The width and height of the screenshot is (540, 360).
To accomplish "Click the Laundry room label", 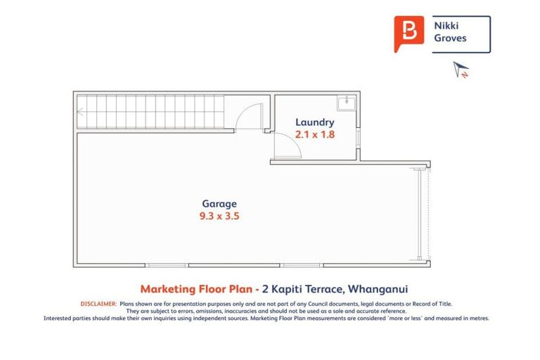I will tap(314, 122).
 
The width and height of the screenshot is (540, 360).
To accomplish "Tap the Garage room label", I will tap(219, 204).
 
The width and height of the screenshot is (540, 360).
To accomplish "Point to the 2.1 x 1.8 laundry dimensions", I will tap(314, 134).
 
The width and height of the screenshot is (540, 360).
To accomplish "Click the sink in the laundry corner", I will tap(345, 104).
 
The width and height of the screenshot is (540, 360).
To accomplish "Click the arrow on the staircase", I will tap(81, 111).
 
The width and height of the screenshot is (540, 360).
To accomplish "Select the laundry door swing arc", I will tap(289, 147).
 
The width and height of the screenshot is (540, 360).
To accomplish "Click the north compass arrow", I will tap(461, 69).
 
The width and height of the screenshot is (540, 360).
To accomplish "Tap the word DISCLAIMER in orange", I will tap(99, 304).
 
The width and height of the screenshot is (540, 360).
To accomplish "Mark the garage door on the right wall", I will tap(421, 214).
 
